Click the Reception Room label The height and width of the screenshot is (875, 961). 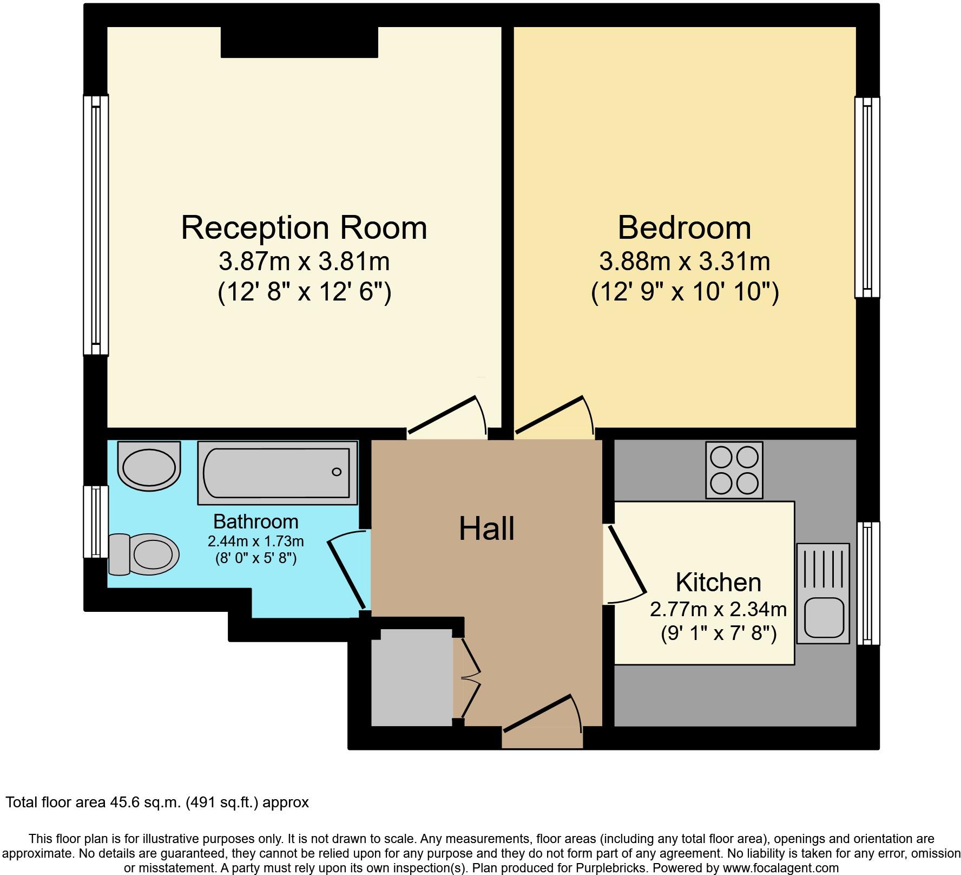[x=304, y=228]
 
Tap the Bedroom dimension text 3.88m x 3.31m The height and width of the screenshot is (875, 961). [x=684, y=262]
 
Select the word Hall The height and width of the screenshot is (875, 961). [x=486, y=529]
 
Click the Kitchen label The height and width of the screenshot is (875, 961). [x=718, y=583]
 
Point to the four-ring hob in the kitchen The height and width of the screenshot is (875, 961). [x=734, y=470]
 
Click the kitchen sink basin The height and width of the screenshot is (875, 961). [x=823, y=617]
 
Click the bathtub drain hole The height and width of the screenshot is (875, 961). [x=337, y=472]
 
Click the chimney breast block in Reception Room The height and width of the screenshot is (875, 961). [x=299, y=42]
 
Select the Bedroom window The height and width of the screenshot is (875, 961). [x=867, y=198]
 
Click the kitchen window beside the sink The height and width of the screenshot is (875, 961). [x=868, y=583]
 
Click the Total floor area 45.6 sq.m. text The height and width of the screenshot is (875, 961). [x=157, y=802]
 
